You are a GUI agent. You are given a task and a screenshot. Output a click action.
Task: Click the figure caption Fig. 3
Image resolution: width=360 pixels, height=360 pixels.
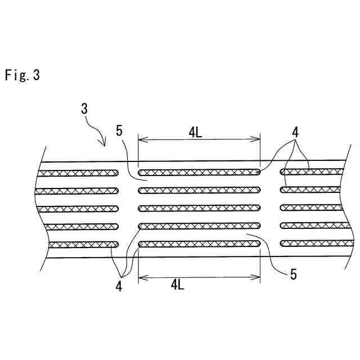tap(22, 75)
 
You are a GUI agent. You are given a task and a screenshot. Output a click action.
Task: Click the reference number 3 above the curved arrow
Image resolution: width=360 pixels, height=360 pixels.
tap(84, 109)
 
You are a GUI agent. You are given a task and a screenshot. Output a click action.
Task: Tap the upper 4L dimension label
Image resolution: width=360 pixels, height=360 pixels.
tap(196, 133)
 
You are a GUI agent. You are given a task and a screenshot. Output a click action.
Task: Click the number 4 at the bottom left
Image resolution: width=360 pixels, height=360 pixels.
tap(119, 286)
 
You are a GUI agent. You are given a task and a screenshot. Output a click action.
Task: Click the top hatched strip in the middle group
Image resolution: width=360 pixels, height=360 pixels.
tap(199, 172)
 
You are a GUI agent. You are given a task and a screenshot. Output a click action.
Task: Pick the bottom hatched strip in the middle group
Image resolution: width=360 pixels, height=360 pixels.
tap(199, 244)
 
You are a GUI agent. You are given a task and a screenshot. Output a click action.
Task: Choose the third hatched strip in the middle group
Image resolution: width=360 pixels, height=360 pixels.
tap(199, 208)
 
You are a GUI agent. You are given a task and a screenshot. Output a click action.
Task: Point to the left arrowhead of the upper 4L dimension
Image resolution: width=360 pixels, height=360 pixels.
tap(140, 140)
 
